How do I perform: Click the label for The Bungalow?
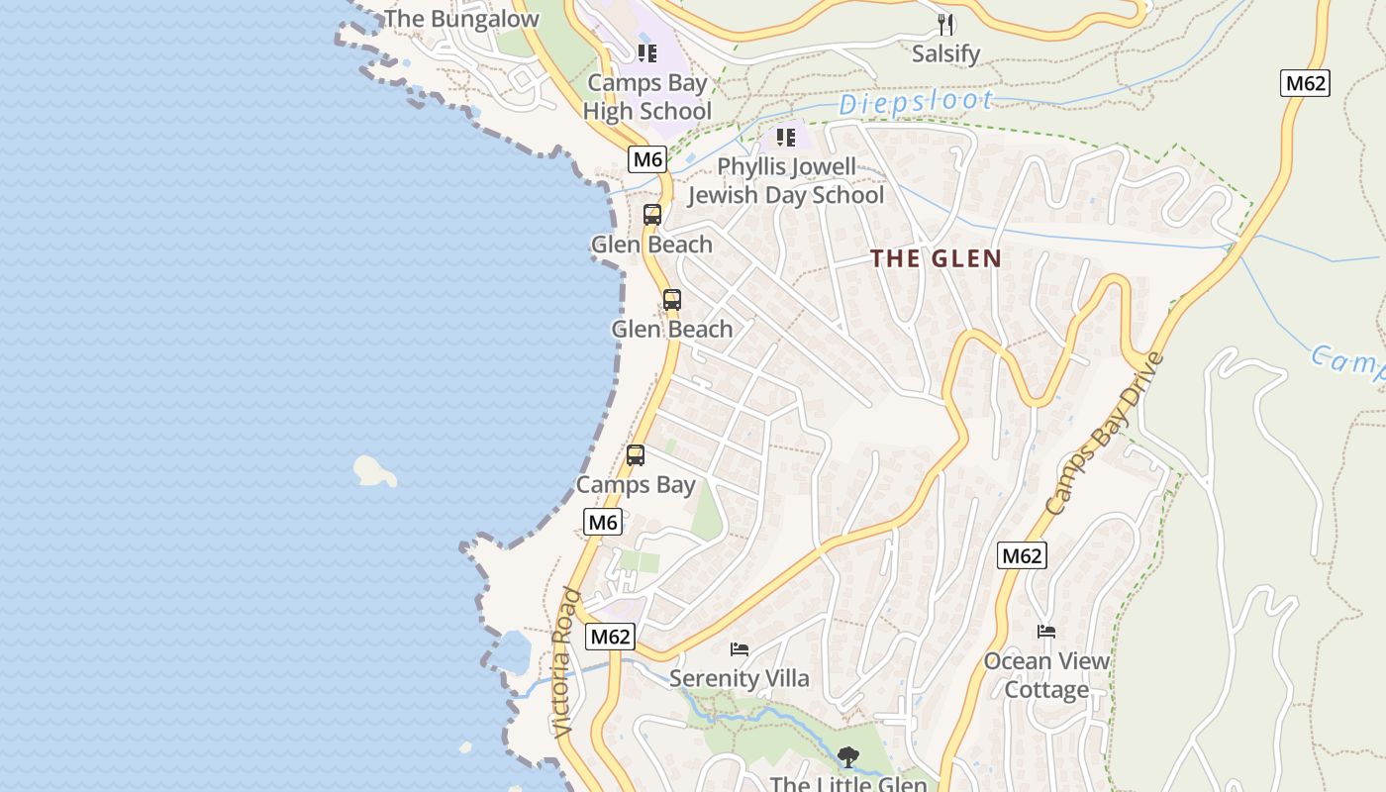coord(461,19)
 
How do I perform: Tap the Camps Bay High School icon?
coord(647,53)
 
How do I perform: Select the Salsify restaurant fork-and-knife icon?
coord(945,24)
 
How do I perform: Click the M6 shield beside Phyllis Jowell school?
coord(646,158)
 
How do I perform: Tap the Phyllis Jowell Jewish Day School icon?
coord(786,138)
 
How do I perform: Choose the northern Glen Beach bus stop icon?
coord(651,215)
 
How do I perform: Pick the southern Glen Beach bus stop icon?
coord(672,299)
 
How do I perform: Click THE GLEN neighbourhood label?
coord(936,259)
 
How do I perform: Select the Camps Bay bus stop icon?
coord(636,455)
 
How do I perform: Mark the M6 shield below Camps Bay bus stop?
coord(603,522)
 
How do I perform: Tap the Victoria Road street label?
coord(567,662)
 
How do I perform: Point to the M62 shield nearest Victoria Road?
coord(610,637)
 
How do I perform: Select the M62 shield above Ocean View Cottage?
coord(1022,555)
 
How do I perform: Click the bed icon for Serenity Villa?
coord(740,649)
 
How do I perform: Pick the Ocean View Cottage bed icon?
coord(1046,632)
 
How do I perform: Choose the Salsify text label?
coord(945,53)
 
